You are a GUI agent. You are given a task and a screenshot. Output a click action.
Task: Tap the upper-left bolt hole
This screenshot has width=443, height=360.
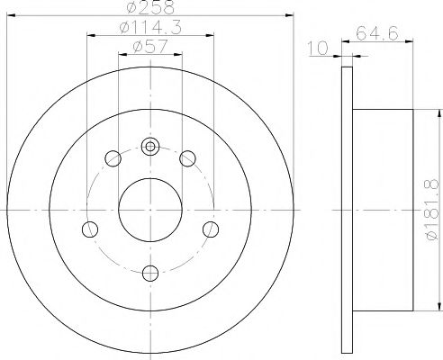113,159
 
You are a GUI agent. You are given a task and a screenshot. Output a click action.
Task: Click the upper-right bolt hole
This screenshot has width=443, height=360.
187,159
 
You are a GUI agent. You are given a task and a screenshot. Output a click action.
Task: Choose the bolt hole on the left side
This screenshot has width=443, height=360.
90,228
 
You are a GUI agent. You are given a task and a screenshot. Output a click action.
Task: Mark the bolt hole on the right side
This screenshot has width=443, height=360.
211,228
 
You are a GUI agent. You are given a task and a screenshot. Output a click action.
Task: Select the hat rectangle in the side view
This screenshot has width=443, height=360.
383,207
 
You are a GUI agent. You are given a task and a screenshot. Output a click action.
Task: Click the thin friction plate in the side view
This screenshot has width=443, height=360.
348,207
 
